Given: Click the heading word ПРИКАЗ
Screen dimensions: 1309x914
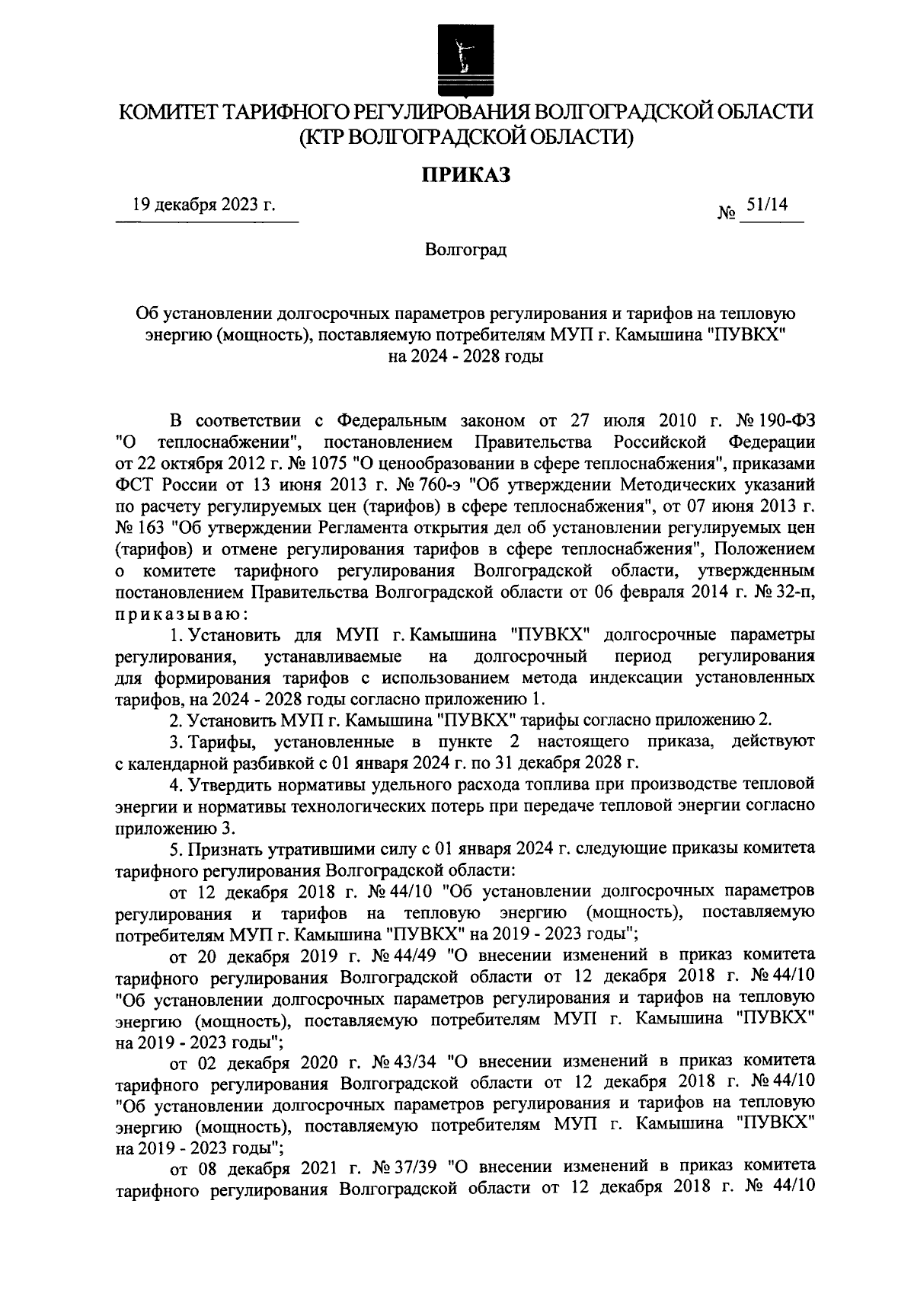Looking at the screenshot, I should (465, 176).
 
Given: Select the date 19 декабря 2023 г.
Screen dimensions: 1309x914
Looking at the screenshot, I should (203, 205).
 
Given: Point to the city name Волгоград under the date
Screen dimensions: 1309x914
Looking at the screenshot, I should (465, 250).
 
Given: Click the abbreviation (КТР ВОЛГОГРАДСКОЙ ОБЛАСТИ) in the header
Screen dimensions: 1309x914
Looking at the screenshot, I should (465, 137).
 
